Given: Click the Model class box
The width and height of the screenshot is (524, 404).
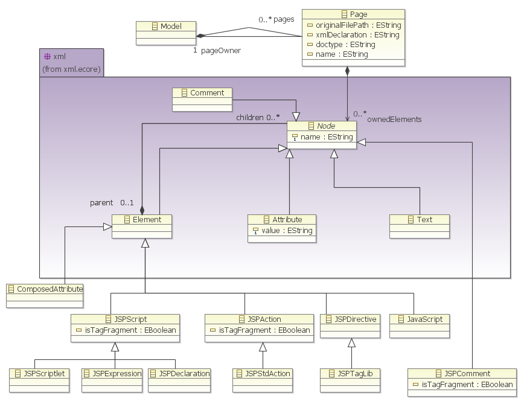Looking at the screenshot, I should coord(167,27).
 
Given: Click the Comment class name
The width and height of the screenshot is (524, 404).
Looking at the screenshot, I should coord(206,93).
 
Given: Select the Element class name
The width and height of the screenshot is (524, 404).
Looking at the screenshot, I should coord(147,220).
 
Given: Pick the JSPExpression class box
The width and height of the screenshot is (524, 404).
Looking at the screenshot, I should coord(112,374).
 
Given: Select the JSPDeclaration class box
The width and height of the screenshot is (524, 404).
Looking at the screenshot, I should coord(179,374).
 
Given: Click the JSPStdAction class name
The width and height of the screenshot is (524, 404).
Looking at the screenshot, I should coord(267,374).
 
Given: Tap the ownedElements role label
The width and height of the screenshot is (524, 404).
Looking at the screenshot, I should coord(394,120).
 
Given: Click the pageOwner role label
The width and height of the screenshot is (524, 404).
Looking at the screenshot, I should coord(220,51).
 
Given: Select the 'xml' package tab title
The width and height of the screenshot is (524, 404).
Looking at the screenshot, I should coord(59,57).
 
